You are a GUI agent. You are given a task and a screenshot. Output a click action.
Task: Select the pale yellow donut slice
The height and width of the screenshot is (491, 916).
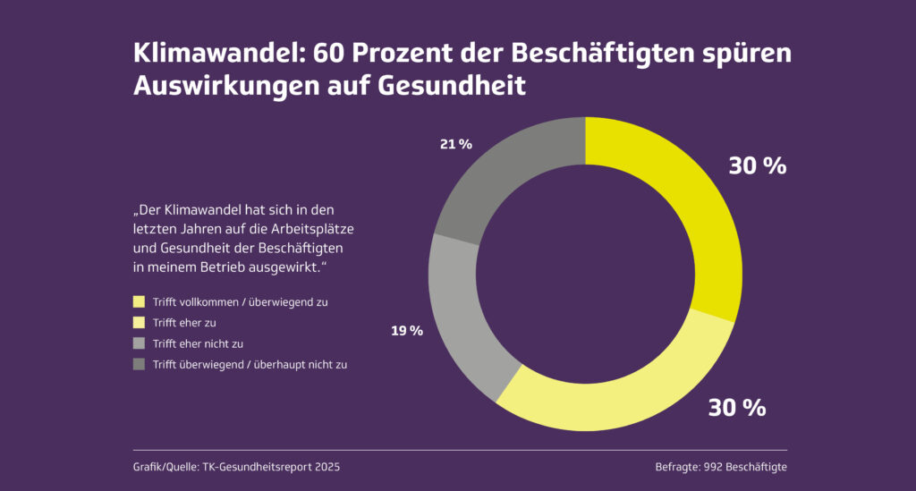coord(617,394)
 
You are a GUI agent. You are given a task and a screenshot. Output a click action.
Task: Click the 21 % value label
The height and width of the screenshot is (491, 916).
coord(455,143)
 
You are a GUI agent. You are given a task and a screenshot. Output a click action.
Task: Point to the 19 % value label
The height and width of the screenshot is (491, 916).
coord(406,331)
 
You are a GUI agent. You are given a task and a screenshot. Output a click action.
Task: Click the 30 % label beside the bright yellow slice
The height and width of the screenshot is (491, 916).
coord(757,165)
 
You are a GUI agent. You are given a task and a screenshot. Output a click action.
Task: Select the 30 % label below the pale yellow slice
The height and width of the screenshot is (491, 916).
coord(737,408)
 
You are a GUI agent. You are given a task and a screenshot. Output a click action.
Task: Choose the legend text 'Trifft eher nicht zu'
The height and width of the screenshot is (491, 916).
coord(198,343)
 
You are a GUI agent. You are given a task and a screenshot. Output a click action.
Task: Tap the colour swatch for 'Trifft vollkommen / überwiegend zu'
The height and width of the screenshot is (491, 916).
coord(139,302)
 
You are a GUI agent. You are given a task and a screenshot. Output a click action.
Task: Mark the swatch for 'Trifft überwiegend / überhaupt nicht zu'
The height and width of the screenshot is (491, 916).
coord(139,364)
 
